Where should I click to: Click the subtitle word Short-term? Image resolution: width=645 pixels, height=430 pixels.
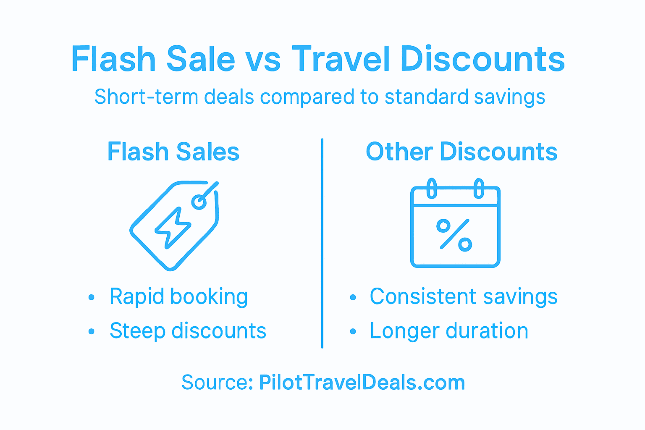tap(146, 97)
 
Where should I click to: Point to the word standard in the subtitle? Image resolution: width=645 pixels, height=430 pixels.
tap(426, 97)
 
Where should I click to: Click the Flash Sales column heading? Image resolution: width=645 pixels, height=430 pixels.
tap(173, 152)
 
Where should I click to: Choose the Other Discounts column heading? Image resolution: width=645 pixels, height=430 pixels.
tap(461, 152)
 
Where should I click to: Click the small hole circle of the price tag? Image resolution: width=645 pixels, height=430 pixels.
tap(199, 202)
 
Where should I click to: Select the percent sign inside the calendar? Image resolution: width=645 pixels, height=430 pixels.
tap(454, 235)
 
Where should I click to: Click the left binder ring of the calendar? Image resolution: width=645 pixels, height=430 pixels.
tap(431, 189)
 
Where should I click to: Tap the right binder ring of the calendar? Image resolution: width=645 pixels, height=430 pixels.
tap(479, 189)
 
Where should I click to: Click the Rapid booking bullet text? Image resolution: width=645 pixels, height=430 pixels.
tap(178, 297)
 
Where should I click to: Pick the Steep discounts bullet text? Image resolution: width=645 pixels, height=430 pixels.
tap(188, 331)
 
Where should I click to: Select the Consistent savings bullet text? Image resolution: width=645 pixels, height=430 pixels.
tap(464, 297)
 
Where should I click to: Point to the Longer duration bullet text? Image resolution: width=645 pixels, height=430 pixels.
tap(449, 331)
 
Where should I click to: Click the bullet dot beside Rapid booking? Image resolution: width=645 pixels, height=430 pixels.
tap(92, 298)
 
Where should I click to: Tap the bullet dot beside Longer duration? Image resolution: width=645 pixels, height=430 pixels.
tap(353, 332)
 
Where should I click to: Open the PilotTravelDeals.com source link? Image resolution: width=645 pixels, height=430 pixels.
tap(362, 383)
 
